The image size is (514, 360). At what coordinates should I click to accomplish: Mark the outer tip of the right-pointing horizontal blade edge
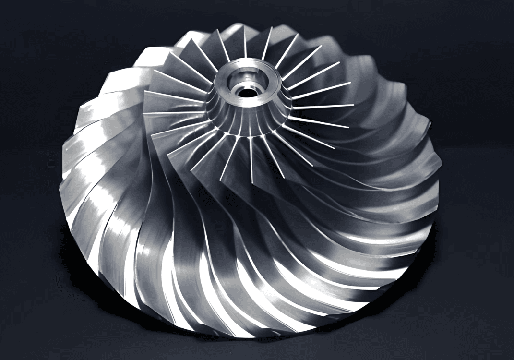pyautogui.click(x=354, y=105)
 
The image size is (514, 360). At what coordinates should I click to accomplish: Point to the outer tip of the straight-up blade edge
pyautogui.click(x=244, y=26)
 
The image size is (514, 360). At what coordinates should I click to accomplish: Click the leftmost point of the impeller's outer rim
pyautogui.click(x=63, y=158)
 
